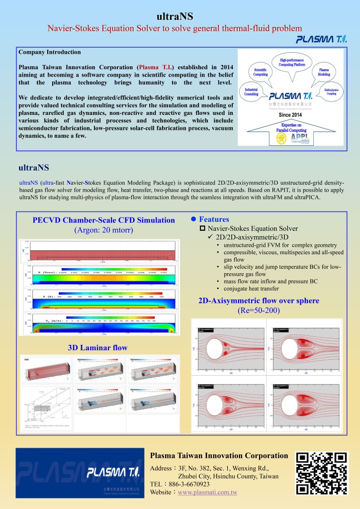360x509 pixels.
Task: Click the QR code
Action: [x=321, y=473]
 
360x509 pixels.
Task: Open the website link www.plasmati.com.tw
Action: [x=207, y=492]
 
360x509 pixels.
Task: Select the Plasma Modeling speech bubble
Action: [x=324, y=72]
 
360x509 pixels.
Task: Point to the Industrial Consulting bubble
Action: [x=251, y=91]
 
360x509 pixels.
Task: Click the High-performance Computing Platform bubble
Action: [x=292, y=62]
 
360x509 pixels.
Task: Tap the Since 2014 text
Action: [x=291, y=114]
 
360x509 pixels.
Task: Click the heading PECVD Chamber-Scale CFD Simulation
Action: [x=103, y=220]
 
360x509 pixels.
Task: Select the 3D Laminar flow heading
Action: [x=97, y=347]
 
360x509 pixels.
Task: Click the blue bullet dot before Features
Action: [x=194, y=219]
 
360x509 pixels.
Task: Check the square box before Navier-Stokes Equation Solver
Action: [x=202, y=228]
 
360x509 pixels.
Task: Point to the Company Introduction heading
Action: [x=49, y=52]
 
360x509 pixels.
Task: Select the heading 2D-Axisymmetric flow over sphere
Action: [x=259, y=301]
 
